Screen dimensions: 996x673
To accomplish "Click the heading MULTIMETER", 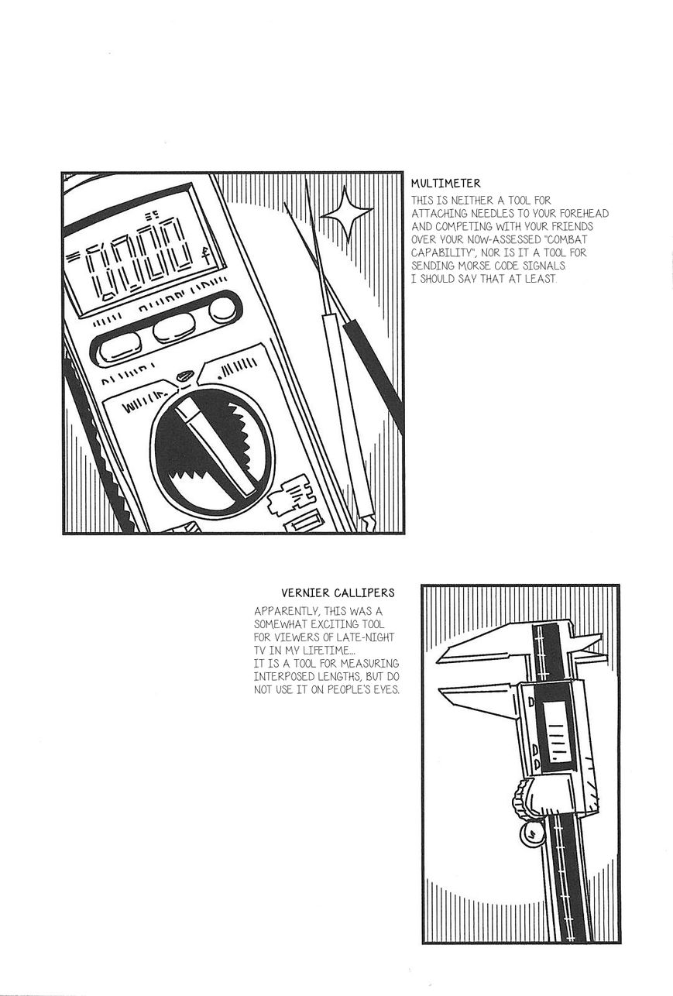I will tap(445, 184).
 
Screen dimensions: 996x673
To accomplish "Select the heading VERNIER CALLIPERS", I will tap(338, 592).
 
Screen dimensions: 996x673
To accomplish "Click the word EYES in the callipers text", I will tap(383, 689).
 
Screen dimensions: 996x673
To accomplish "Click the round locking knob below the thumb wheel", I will tap(531, 833).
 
